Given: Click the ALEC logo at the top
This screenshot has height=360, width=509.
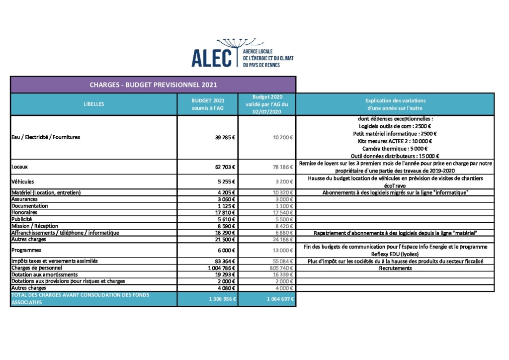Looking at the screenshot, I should coord(242,54).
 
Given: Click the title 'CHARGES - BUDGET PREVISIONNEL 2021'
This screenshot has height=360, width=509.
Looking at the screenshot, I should coord(153,85).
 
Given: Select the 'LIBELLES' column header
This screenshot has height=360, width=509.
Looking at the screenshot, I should coord(94,104).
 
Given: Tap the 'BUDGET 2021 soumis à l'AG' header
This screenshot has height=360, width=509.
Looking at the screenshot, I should coord(208,104).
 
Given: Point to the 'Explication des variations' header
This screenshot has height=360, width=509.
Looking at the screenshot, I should coord(395,104).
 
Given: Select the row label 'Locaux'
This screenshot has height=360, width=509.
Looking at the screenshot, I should coord(20,167).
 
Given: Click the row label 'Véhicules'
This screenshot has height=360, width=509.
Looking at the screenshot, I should coord(23,181).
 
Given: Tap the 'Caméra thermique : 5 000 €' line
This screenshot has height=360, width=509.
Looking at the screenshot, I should coord(395,149).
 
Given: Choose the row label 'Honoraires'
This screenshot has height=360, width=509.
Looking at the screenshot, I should coord(24,212).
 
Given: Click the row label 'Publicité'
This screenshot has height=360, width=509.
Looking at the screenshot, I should coord(22,219).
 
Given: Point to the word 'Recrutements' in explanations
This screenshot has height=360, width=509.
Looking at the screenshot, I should coord(395,268).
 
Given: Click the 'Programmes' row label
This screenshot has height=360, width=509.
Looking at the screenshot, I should coord(26,250).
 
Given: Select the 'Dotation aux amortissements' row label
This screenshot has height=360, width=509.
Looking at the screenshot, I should coord(45,274).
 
